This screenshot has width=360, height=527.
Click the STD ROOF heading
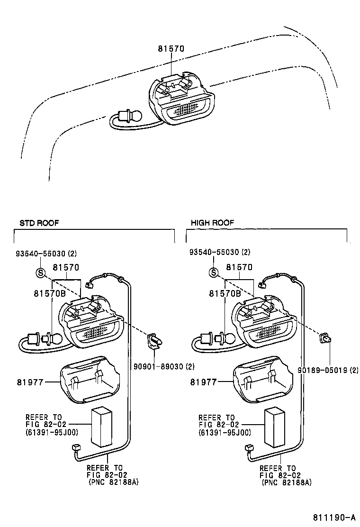[39, 222]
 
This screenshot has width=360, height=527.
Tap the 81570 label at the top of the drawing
[171, 48]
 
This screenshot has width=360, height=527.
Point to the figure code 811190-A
[333, 517]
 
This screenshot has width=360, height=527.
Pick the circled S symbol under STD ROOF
[40, 273]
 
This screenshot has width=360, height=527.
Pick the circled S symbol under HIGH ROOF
[214, 273]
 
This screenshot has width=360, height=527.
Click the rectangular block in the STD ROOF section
[101, 427]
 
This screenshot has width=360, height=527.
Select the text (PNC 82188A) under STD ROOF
[113, 482]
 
